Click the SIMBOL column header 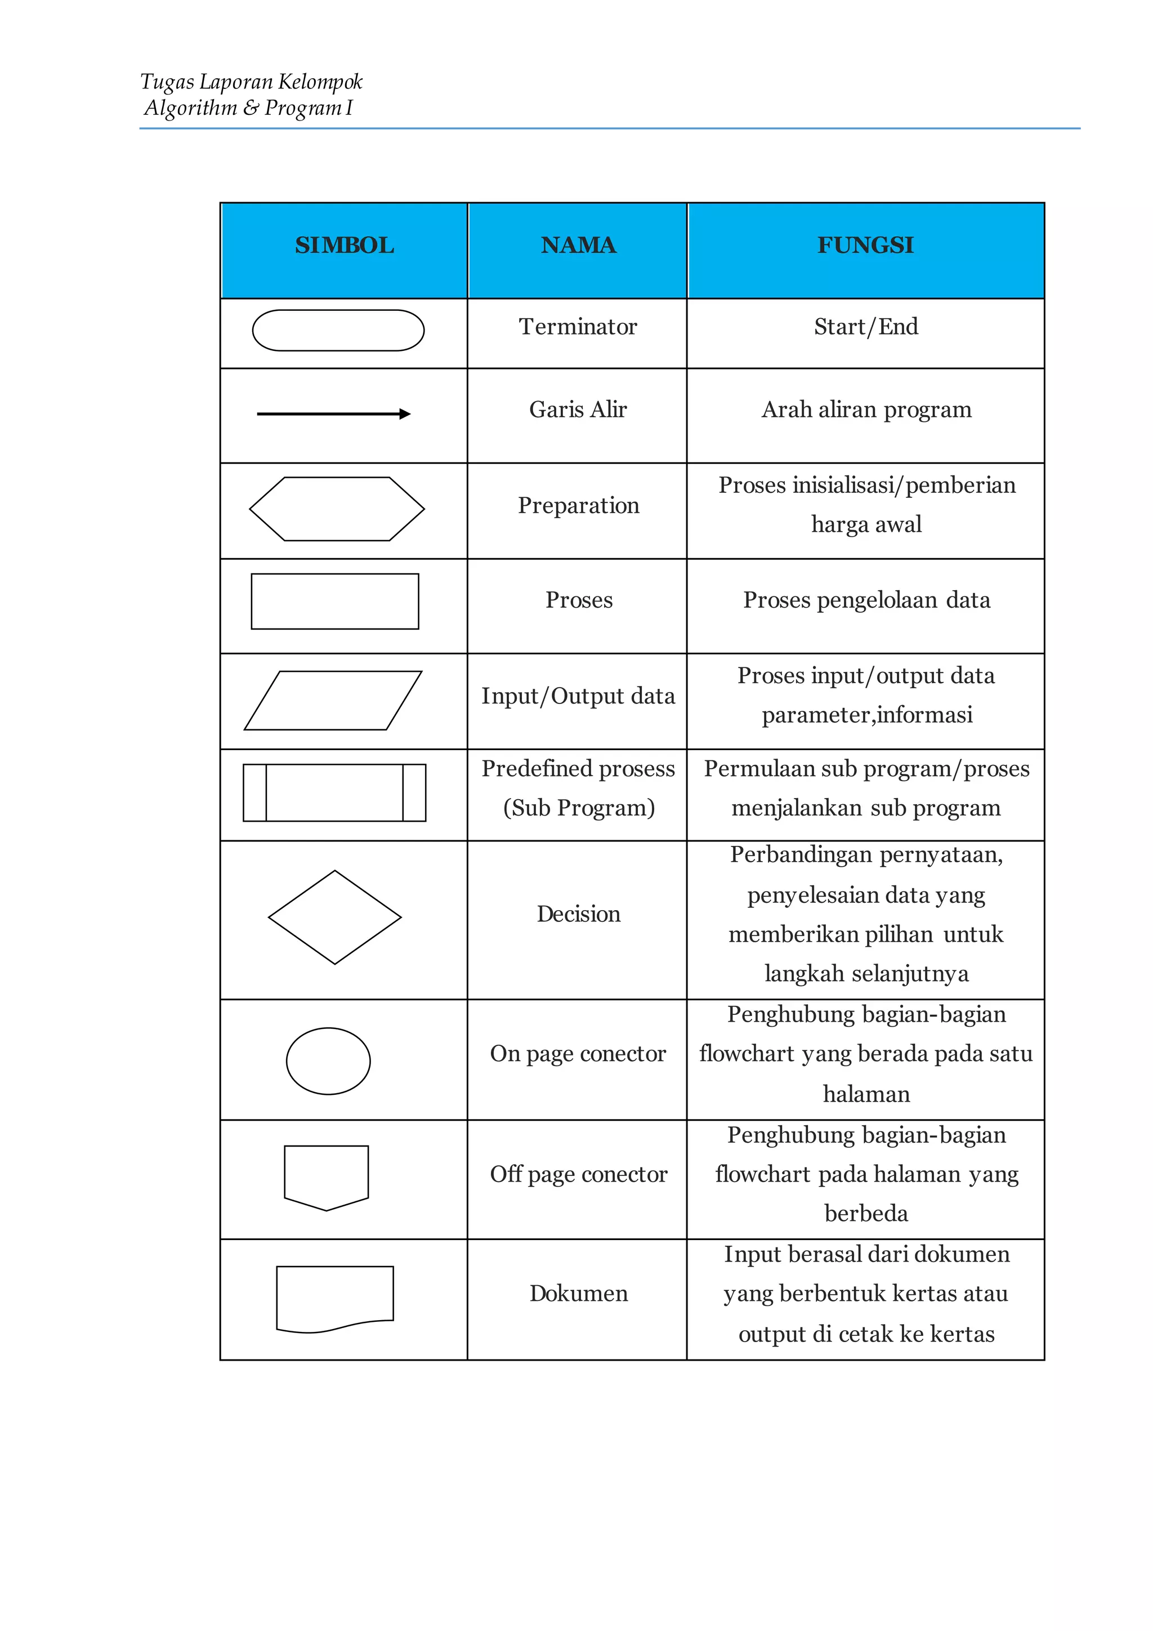tap(345, 246)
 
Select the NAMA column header tap(578, 246)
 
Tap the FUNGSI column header tap(865, 246)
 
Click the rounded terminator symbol tap(338, 331)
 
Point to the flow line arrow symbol tap(334, 414)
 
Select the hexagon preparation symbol tap(337, 509)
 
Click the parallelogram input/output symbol tap(333, 701)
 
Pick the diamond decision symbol tap(334, 917)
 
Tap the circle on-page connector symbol tap(328, 1060)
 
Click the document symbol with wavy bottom tap(334, 1298)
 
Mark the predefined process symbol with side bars tap(334, 793)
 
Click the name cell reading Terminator tap(578, 327)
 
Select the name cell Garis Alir tap(578, 410)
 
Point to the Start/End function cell tap(865, 327)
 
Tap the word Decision tap(579, 914)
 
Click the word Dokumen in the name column tap(579, 1294)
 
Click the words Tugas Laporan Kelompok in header tap(251, 82)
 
